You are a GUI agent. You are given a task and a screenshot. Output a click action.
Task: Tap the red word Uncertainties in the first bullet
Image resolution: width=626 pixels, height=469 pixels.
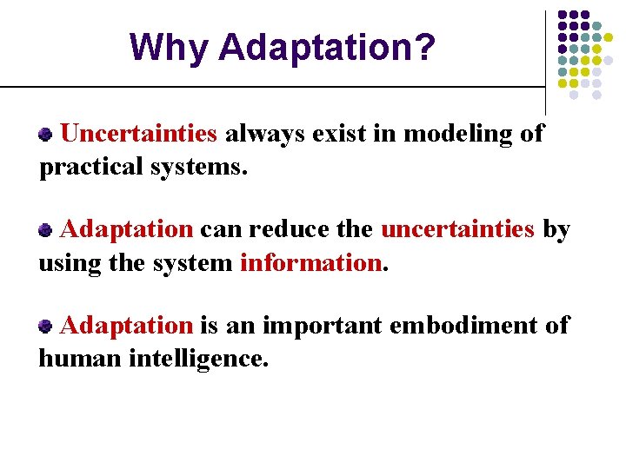pyautogui.click(x=139, y=134)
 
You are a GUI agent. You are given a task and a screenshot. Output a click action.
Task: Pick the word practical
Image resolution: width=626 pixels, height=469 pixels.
pyautogui.click(x=91, y=166)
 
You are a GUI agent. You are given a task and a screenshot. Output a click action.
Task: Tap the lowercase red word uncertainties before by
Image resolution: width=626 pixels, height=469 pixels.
pyautogui.click(x=457, y=229)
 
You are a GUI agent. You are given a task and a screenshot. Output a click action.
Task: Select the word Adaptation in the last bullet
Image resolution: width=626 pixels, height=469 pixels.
pyautogui.click(x=127, y=325)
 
